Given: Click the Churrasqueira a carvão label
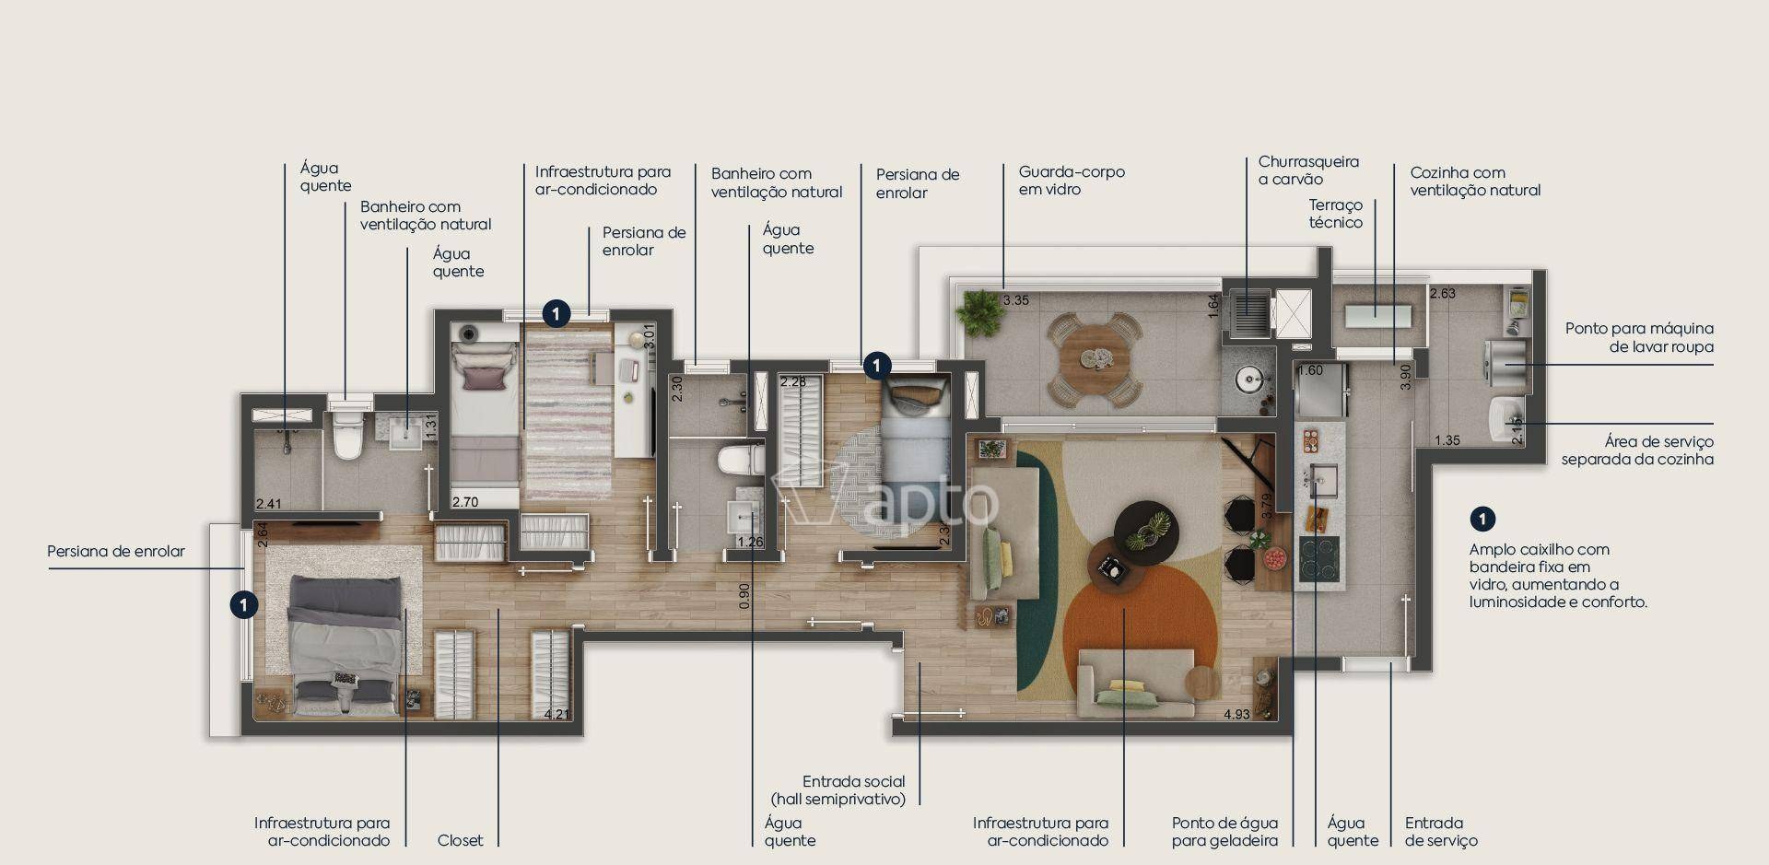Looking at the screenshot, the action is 1308,170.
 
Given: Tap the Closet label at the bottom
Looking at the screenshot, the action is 461,840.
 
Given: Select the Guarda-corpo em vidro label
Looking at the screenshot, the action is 1072,181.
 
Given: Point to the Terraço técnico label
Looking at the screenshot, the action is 1335,214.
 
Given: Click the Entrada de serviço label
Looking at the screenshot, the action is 1441,832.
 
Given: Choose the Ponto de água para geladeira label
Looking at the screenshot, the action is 1224,832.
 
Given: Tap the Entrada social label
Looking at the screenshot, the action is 854,781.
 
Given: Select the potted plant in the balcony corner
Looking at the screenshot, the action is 979,312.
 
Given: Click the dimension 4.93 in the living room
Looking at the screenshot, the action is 1236,714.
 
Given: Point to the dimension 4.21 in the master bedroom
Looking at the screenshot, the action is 556,714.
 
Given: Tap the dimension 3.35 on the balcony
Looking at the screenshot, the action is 1015,300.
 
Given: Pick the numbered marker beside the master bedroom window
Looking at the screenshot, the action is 243,605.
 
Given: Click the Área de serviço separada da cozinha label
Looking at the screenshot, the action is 1637,450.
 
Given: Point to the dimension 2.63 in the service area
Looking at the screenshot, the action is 1442,294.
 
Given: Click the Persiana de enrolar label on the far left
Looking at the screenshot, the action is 116,552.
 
